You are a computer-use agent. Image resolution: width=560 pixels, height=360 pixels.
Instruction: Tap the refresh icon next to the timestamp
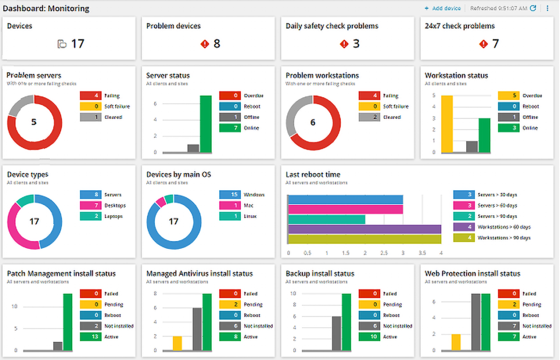532,8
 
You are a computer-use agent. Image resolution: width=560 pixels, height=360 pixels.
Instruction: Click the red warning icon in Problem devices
204,44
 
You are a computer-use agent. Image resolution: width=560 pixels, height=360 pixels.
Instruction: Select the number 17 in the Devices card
77,44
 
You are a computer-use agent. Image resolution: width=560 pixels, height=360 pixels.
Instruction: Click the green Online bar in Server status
206,124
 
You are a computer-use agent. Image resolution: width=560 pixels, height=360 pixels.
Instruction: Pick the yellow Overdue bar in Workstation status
447,124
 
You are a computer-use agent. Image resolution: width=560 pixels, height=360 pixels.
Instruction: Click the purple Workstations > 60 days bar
364,229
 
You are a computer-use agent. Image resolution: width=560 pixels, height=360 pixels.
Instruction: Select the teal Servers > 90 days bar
327,218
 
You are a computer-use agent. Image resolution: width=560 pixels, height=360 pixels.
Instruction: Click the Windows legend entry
242,195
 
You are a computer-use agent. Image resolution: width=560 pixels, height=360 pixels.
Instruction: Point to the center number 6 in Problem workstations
313,122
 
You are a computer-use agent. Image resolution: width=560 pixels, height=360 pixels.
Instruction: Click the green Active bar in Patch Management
68,322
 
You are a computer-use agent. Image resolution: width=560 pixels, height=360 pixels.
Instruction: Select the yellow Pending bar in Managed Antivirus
177,343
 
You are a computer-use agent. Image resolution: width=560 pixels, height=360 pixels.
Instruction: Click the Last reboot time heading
313,175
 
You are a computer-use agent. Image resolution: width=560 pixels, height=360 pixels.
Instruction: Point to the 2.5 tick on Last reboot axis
383,253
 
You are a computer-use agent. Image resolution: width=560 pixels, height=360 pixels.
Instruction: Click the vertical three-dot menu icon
548,8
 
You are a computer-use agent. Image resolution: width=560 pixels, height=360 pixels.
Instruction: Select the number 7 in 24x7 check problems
495,44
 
